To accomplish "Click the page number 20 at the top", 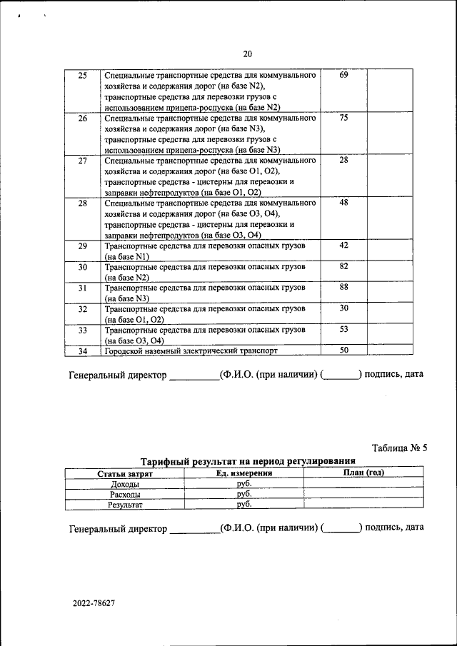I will [x=248, y=54].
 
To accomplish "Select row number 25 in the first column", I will [x=82, y=76].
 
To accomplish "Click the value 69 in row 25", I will [x=343, y=76].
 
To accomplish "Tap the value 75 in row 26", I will [x=343, y=118].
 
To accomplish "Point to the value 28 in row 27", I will [x=343, y=161].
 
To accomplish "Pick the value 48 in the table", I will [x=343, y=203].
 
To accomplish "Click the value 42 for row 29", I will [x=343, y=246].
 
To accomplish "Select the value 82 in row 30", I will [x=343, y=266].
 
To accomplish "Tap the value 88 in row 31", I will [x=343, y=287].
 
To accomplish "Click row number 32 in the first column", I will [x=82, y=309].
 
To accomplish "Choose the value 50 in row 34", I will [x=343, y=350].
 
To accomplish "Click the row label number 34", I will [x=82, y=351].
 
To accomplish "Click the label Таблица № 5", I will [x=399, y=448].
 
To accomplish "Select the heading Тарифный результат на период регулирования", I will [x=248, y=462].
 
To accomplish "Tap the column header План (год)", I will [x=363, y=473].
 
